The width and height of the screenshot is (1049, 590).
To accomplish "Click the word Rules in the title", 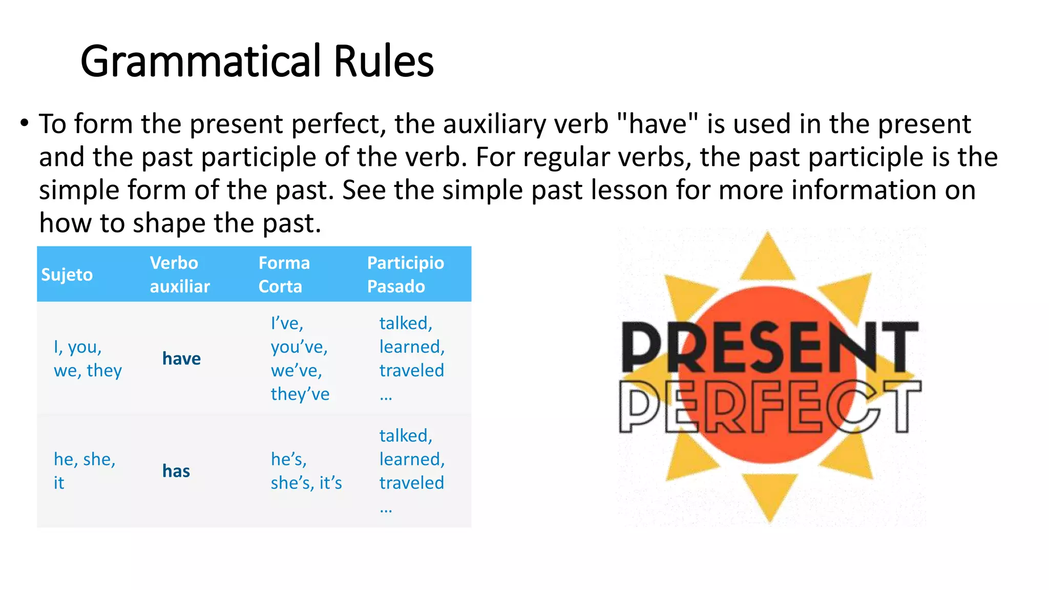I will tap(384, 61).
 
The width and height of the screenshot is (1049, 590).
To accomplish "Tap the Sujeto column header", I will tap(67, 275).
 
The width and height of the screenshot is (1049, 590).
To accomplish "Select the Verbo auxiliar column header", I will tap(180, 275).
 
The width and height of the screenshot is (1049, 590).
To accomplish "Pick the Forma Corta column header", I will tap(284, 275).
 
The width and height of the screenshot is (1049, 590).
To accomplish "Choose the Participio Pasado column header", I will tap(405, 275).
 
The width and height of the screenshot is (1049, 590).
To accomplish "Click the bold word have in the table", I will tap(181, 359).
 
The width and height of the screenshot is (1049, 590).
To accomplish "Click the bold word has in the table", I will tap(176, 471).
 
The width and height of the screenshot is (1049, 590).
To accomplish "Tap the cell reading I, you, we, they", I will tap(88, 359).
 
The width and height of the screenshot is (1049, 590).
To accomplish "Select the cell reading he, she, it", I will tap(85, 471).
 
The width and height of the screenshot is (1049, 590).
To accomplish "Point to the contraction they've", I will tap(300, 394).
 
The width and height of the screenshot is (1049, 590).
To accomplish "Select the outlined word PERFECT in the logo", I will tap(770, 407).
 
